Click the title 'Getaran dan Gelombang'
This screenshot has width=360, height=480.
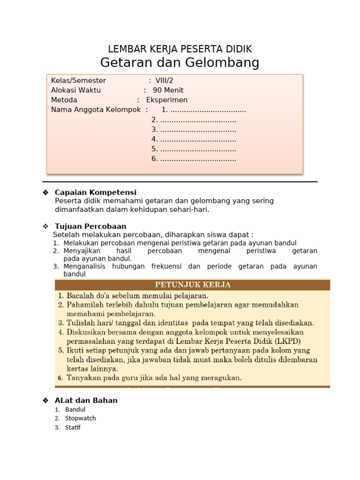click(x=180, y=62)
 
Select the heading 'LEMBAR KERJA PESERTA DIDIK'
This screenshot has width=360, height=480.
click(x=180, y=49)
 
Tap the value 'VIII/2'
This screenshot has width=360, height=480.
click(x=164, y=81)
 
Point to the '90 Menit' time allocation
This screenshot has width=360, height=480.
click(x=168, y=90)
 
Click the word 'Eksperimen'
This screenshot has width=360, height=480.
click(x=166, y=100)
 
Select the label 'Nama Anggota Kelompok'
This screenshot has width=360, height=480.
click(x=96, y=110)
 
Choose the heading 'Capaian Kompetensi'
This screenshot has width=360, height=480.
click(x=96, y=192)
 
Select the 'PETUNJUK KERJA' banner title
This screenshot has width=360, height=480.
click(x=193, y=285)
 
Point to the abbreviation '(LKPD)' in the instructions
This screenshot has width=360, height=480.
click(x=288, y=341)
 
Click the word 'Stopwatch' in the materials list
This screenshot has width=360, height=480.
click(x=80, y=418)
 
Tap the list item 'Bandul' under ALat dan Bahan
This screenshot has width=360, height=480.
click(x=75, y=409)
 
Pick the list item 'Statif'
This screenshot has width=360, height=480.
click(x=73, y=427)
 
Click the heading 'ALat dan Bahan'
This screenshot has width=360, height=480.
click(x=86, y=400)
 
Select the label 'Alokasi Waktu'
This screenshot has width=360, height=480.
click(x=76, y=90)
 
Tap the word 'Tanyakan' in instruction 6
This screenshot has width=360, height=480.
click(x=82, y=377)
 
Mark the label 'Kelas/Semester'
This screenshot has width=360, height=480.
click(x=78, y=81)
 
